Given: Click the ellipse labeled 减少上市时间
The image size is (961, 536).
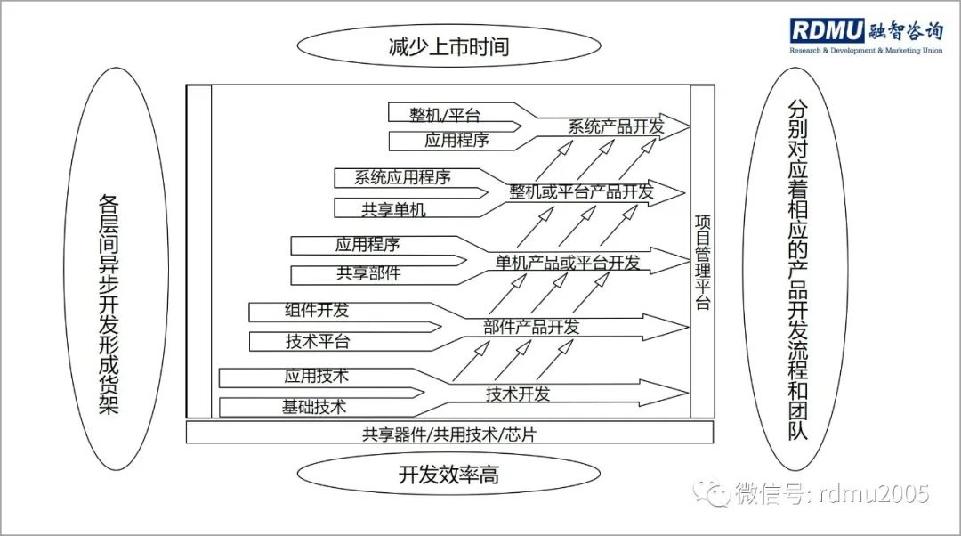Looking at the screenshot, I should pyautogui.click(x=448, y=46).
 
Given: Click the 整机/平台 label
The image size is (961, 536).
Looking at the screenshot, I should pyautogui.click(x=445, y=114).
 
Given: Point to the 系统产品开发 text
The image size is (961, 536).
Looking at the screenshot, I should pyautogui.click(x=616, y=126).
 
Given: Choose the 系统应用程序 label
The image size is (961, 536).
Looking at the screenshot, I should pyautogui.click(x=402, y=176).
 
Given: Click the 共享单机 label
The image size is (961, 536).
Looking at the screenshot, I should pyautogui.click(x=393, y=209).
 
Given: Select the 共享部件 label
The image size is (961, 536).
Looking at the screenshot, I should pyautogui.click(x=368, y=273).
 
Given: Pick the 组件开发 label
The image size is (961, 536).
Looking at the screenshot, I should pyautogui.click(x=317, y=310).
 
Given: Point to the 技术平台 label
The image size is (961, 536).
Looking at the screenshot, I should pyautogui.click(x=317, y=341).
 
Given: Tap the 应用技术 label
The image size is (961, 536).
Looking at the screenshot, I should pyautogui.click(x=316, y=375).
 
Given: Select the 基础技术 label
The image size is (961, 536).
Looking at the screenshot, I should pyautogui.click(x=314, y=408).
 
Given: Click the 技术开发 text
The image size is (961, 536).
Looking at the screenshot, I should pyautogui.click(x=518, y=393).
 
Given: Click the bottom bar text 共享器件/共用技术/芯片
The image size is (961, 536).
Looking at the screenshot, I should pyautogui.click(x=449, y=434).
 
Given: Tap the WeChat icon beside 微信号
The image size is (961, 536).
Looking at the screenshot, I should pyautogui.click(x=713, y=492).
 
